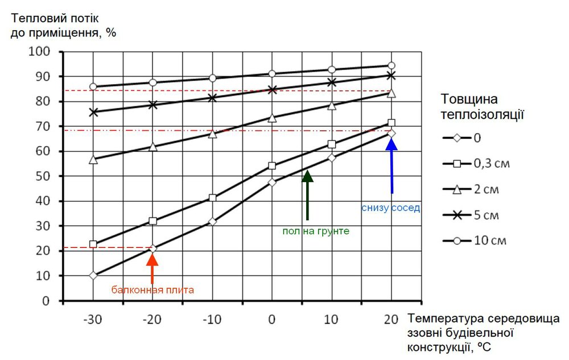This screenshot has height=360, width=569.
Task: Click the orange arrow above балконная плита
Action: [152, 268]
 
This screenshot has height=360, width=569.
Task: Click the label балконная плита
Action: [152, 289]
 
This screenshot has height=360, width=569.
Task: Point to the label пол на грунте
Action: [315, 231]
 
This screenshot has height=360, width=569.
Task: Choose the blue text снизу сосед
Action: [390, 208]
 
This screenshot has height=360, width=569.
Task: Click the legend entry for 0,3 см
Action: [476, 164]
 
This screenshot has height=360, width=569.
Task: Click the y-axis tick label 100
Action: [40, 52]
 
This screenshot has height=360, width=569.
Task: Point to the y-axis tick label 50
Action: [43, 176]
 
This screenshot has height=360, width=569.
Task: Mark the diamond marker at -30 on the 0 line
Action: [93, 276]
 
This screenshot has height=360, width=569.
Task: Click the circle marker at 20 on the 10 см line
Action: [391, 66]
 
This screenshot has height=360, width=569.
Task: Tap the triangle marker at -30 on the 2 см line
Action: [93, 160]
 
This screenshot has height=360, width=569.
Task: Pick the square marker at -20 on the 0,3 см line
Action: [152, 221]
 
